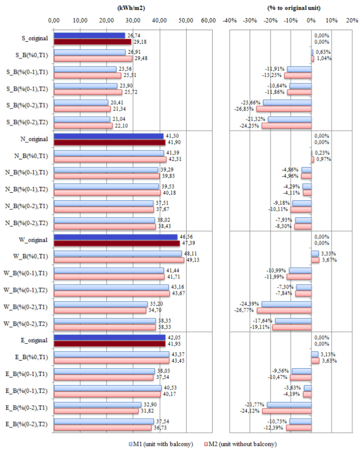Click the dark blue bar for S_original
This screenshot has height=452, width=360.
coord(89,35)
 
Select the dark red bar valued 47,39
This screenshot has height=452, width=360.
coord(117,243)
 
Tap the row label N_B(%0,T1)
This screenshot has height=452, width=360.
coord(31,156)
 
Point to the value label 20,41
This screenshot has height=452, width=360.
coord(116,103)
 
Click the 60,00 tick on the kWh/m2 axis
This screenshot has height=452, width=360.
coord(208,20)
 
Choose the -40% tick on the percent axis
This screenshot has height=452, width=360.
coord(230,20)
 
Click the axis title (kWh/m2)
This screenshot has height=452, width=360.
coord(131,8)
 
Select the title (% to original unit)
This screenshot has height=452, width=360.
coord(294,8)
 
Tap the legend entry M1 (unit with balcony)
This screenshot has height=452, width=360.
coord(161,444)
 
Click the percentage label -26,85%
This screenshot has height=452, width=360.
coord(244,109)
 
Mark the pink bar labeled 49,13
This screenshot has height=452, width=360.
coord(119,260)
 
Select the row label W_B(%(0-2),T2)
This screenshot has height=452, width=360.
coord(25,323)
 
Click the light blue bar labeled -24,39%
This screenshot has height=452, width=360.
coord(286,304)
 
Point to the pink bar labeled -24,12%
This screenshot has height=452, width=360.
coord(287,411)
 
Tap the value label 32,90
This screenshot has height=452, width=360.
coord(150,405)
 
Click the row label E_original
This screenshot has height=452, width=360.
coord(34,340)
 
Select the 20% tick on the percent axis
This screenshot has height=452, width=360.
coord(352,20)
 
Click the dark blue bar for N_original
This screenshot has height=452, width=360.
coord(109,136)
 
